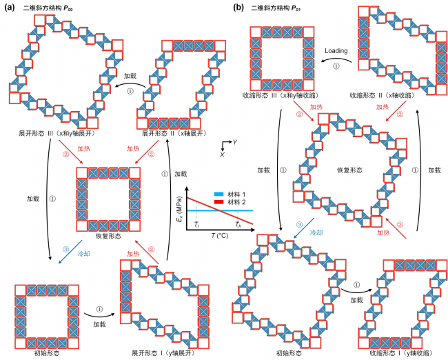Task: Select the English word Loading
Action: [x=336, y=51]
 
